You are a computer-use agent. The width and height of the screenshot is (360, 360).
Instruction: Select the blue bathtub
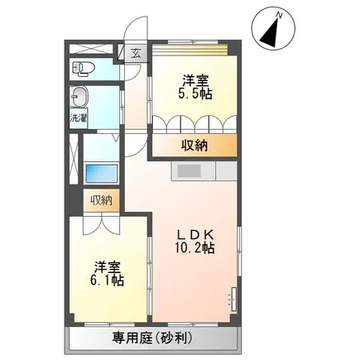101,173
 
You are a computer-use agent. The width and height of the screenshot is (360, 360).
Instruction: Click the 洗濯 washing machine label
79,118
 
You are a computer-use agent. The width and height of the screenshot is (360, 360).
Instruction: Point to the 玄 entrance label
136,53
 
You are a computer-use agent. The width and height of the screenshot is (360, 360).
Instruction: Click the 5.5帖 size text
195,94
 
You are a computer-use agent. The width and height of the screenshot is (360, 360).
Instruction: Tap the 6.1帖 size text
107,281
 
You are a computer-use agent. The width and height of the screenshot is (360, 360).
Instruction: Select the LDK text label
195,235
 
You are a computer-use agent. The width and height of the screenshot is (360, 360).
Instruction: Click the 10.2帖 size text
194,248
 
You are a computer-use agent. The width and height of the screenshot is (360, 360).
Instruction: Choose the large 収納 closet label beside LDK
194,146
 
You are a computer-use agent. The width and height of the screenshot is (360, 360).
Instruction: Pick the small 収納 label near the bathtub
102,200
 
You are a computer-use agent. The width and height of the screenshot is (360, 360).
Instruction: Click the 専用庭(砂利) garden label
152,338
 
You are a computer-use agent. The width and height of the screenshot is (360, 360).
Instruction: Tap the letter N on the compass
280,16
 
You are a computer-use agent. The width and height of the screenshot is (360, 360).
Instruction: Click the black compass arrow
271,33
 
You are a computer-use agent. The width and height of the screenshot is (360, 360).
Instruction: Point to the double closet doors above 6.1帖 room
102,223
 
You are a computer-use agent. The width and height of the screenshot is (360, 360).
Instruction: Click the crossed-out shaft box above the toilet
91,50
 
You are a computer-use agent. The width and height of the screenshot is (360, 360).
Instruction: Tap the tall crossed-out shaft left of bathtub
74,158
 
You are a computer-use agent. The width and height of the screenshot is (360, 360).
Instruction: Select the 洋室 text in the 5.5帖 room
195,81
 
